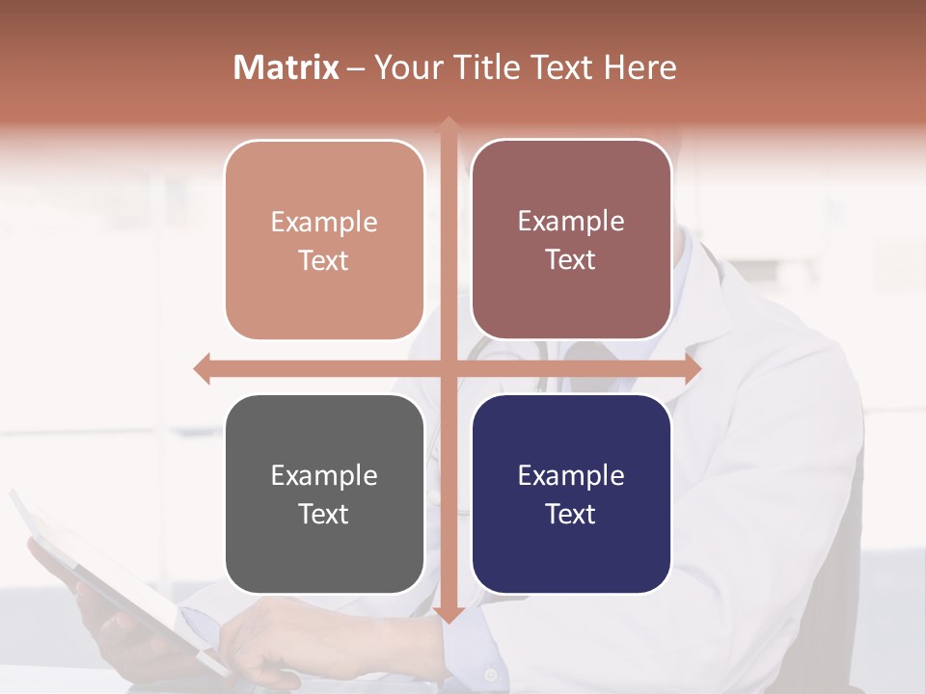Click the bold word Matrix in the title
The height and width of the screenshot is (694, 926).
(286, 67)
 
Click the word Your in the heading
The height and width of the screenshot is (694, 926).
(406, 67)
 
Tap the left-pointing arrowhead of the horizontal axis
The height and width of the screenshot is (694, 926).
(202, 368)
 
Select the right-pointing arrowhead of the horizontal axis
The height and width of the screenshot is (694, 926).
(693, 368)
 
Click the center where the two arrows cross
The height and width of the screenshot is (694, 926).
(449, 368)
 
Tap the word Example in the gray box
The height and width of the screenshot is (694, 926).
(324, 476)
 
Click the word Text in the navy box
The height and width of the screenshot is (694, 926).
(571, 514)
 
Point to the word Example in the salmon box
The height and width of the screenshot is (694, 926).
(324, 223)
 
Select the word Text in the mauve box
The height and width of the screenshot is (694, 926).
(571, 260)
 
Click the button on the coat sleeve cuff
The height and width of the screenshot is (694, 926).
(491, 675)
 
